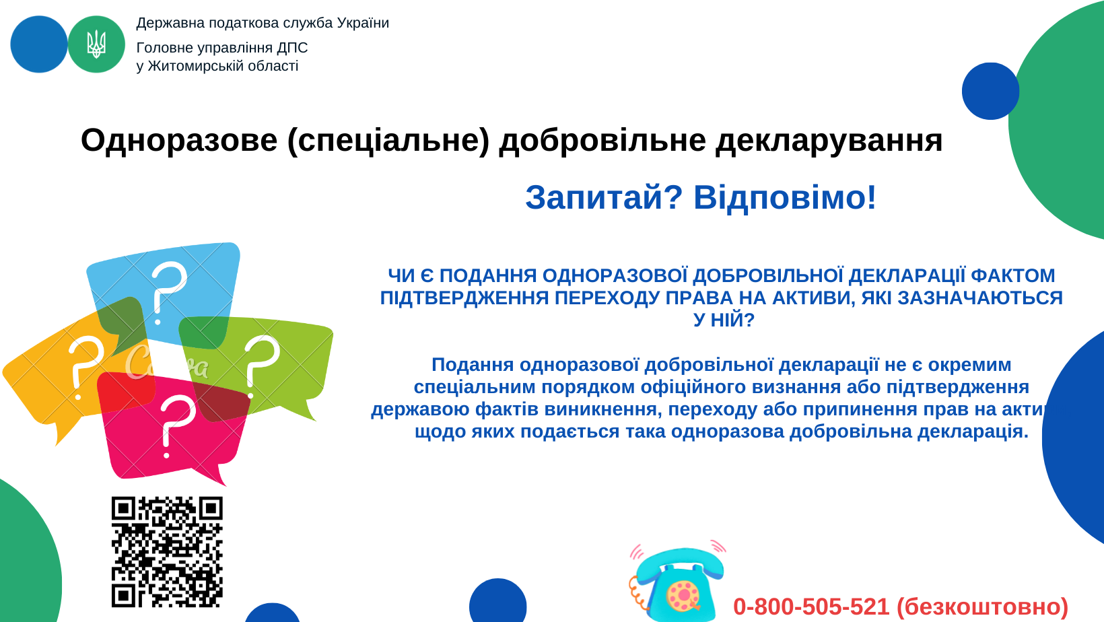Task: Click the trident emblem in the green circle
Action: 96,44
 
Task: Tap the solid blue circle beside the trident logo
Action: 39,44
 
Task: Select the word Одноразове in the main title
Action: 179,141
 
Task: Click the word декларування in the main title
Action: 829,141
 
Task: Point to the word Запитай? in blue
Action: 604,198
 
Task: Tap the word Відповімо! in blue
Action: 785,198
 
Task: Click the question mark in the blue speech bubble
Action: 168,293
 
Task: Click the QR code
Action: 167,551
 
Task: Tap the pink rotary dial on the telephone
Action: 683,595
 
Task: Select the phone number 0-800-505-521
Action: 811,607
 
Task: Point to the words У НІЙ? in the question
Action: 724,320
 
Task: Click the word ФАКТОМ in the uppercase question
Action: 1013,275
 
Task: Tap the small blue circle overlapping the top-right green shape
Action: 991,91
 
